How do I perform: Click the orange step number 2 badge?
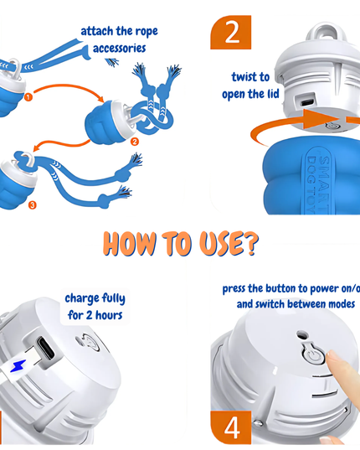point(231,33)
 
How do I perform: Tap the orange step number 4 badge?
point(231,427)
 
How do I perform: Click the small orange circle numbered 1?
point(28,97)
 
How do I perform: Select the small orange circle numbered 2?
point(135,141)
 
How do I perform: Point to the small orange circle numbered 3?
point(33,205)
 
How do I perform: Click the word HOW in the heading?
point(130,244)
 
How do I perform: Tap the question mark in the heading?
point(251,244)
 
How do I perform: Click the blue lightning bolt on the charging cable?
point(18,366)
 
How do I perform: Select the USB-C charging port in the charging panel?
point(45,348)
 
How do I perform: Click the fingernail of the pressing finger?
point(332,355)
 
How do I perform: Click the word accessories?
point(119,49)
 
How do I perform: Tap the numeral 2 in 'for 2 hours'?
point(89,315)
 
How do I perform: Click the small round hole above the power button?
point(302,334)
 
